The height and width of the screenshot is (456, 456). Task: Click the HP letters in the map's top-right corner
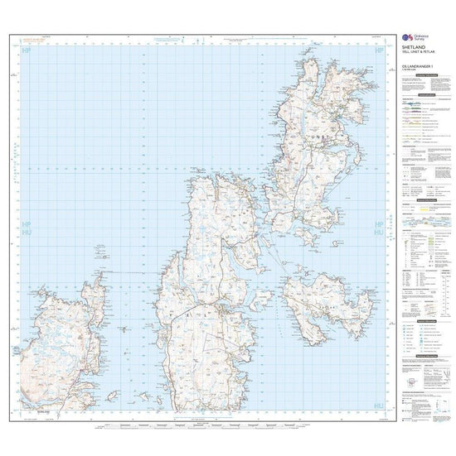pos(381,51)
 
